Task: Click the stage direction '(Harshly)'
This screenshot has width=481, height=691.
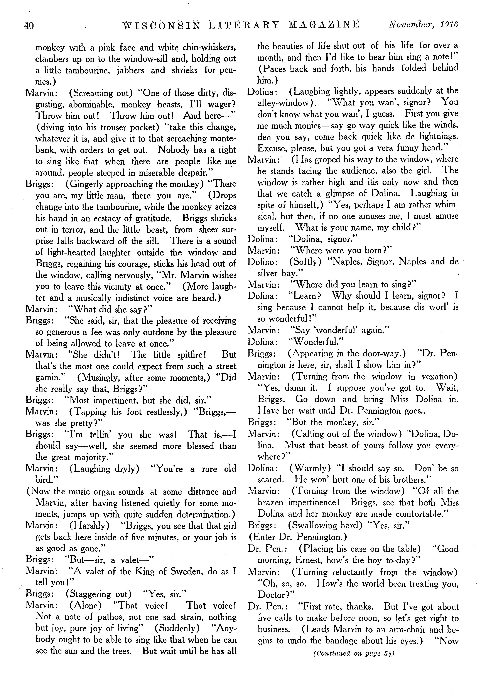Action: point(89,526)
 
